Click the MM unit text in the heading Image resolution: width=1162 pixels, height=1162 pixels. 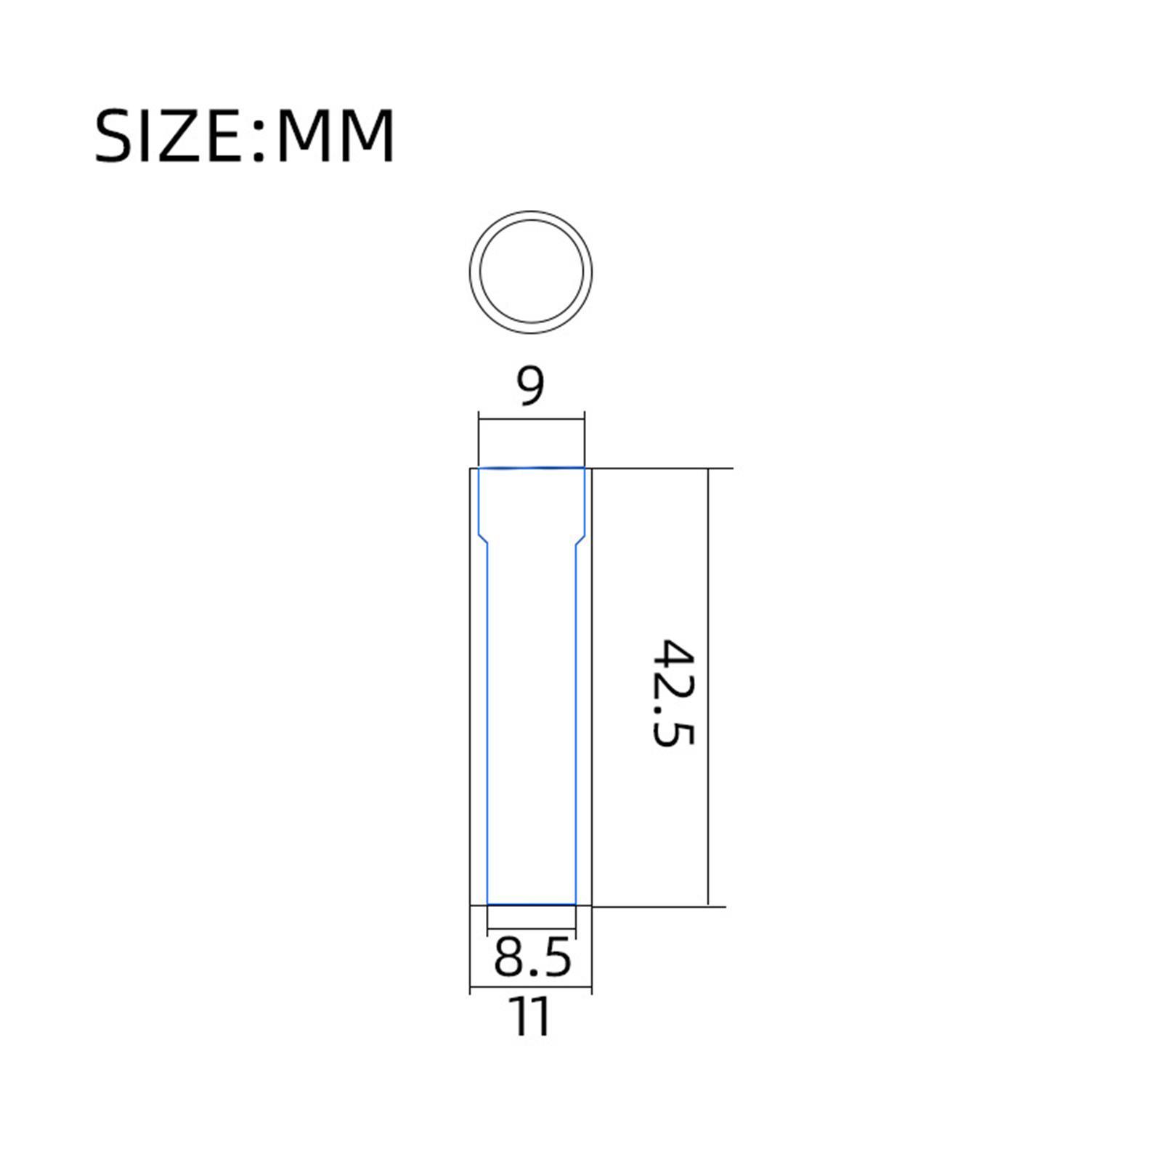tap(336, 136)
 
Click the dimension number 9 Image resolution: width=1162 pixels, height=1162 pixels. tap(530, 386)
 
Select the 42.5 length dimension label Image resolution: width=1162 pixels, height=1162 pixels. tap(674, 694)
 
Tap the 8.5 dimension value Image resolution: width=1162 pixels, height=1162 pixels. tap(532, 958)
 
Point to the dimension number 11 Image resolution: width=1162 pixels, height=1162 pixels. tap(531, 1017)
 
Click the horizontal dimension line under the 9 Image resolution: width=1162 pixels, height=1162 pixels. tap(531, 418)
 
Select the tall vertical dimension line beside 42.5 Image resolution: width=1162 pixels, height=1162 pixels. tap(707, 686)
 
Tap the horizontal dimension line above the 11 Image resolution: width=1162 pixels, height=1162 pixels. tap(531, 988)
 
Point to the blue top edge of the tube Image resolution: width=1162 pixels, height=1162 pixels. tap(531, 468)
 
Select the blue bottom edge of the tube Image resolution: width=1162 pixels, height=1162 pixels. tap(531, 904)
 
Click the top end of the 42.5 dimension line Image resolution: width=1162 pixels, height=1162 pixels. tap(707, 470)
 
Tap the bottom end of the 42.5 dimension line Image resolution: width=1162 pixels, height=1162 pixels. tap(707, 904)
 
